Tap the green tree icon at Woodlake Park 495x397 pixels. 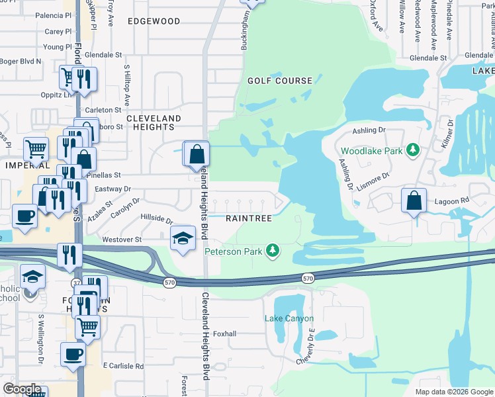[x=414, y=151]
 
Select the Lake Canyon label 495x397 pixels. [x=287, y=319]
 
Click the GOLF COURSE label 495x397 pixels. [x=279, y=81]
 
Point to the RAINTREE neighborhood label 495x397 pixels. [x=249, y=218]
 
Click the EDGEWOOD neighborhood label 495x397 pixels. [x=154, y=21]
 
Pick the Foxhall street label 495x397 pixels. [x=225, y=334]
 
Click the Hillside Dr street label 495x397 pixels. [x=156, y=218]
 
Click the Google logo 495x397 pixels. [x=21, y=390]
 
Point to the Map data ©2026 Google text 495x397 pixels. [x=453, y=392]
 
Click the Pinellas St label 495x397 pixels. [x=108, y=175]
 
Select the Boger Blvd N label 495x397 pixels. [x=21, y=62]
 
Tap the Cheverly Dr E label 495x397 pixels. [x=309, y=347]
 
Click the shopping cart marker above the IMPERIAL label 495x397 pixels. [x=36, y=149]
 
